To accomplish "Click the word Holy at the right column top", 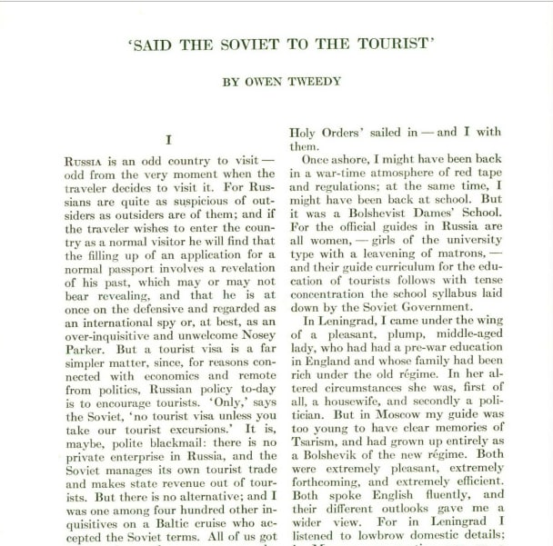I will point(307,131).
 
